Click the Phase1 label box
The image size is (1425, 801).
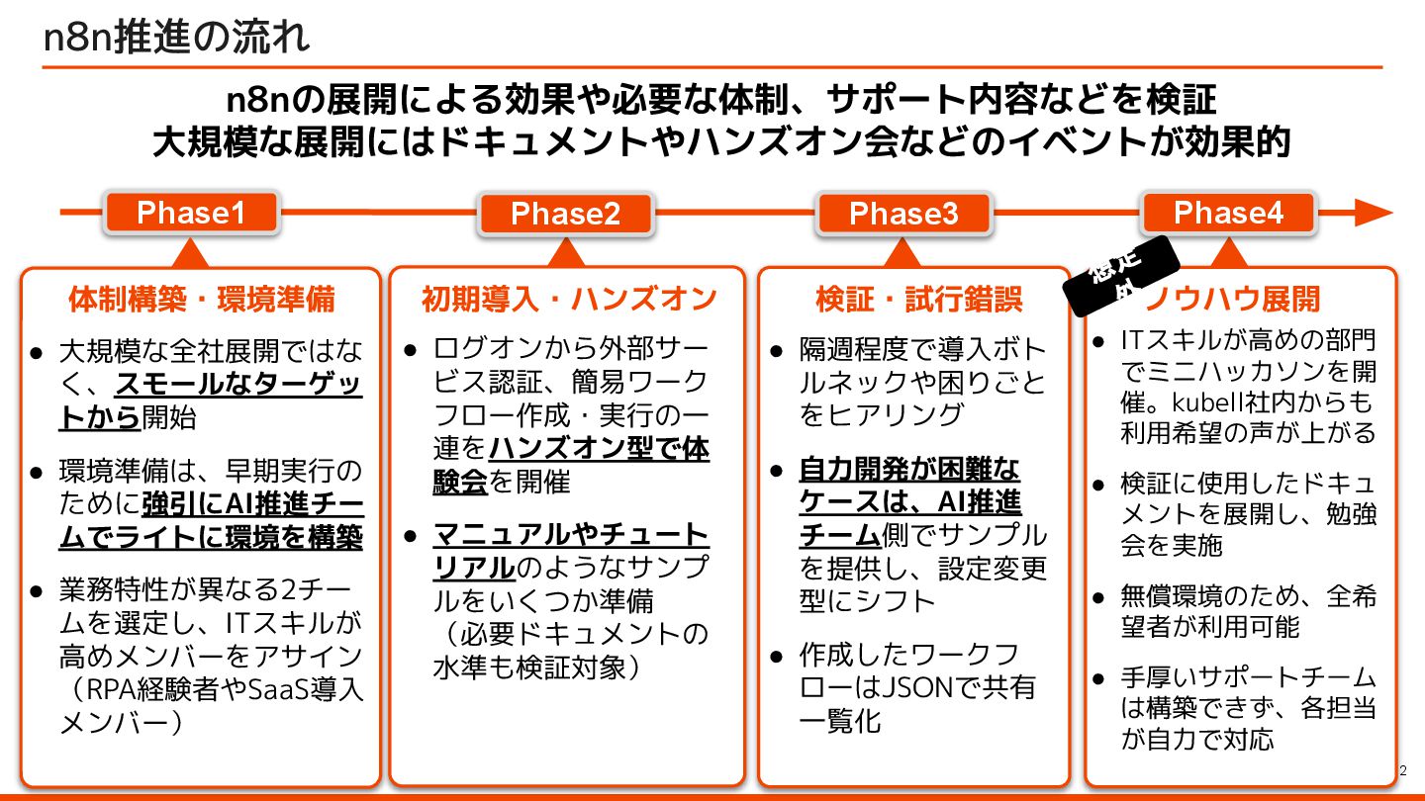coord(191,213)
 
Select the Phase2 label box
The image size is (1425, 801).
coord(565,215)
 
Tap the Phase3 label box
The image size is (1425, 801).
coord(903,215)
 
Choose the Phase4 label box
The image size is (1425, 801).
coord(1228,213)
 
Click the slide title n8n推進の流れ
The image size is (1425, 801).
coord(177,37)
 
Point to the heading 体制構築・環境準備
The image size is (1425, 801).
coord(201,299)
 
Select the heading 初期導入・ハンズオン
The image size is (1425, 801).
coord(568,299)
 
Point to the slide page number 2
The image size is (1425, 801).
coord(1402,770)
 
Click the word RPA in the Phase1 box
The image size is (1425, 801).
coord(115,690)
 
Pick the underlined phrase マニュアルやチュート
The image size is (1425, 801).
coord(571,536)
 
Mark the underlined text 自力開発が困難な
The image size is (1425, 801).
coord(909,469)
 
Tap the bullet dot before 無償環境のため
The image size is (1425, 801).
coord(1098,597)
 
